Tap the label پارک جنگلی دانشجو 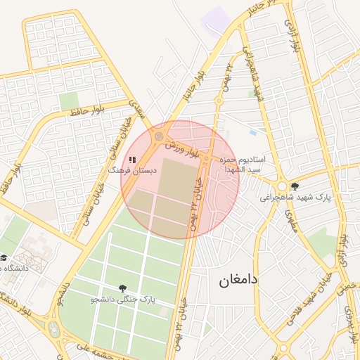[123, 300]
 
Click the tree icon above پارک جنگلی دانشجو [124, 288]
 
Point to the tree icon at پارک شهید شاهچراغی [295, 186]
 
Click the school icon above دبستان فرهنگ [132, 160]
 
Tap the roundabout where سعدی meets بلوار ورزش [160, 135]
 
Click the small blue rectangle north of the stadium [252, 131]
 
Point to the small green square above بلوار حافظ [69, 103]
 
